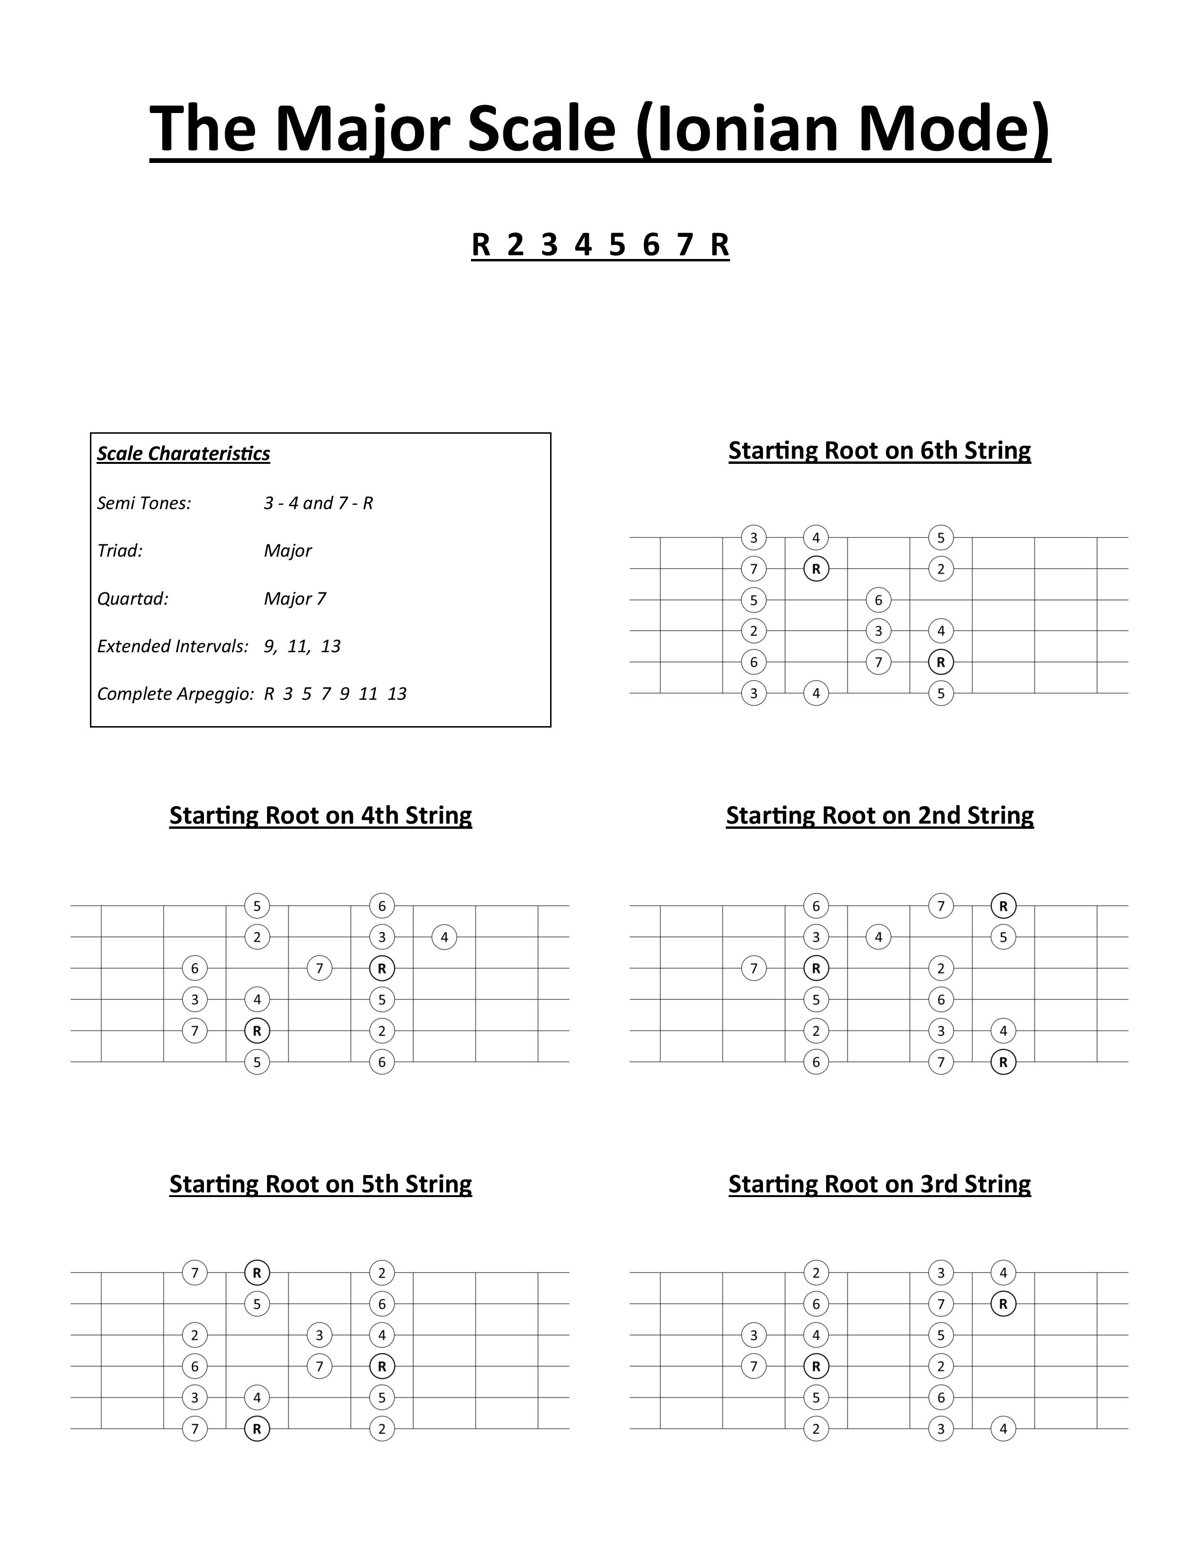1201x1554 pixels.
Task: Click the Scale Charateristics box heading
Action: (184, 454)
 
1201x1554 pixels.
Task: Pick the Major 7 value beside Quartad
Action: (294, 599)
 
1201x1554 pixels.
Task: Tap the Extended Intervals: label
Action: (173, 646)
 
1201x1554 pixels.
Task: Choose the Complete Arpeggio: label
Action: (175, 694)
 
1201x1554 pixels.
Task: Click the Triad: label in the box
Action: (120, 551)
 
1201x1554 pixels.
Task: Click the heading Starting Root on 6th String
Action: (879, 450)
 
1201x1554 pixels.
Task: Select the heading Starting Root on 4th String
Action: (320, 815)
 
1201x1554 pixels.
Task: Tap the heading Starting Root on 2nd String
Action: (879, 815)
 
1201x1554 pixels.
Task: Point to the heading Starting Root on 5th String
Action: (320, 1183)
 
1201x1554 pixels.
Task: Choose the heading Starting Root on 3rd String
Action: (879, 1183)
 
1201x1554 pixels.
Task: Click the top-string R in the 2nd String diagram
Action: (1003, 906)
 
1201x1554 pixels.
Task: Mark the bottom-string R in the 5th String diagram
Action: (257, 1428)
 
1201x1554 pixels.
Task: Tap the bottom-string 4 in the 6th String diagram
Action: (816, 693)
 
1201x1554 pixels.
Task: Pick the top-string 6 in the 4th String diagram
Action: (382, 906)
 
